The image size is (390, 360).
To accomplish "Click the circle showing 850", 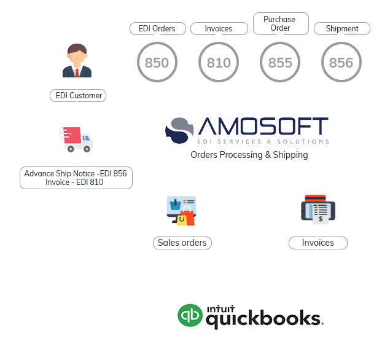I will [x=157, y=63].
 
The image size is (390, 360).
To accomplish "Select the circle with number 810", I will [x=219, y=63].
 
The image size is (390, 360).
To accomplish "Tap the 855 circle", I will [x=280, y=63].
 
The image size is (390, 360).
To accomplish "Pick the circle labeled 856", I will [x=341, y=63].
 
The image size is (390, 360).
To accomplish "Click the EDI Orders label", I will [x=157, y=29].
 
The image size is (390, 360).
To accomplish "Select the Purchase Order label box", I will [x=280, y=23].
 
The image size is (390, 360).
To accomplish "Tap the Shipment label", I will [x=342, y=29].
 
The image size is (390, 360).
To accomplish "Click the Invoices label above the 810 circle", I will [x=219, y=29].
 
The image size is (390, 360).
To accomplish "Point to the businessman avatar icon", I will [x=77, y=61].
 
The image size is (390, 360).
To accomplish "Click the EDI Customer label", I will [x=78, y=96].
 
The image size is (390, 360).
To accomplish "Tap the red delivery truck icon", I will [x=76, y=139].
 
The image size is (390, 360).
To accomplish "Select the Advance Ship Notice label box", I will [x=76, y=178].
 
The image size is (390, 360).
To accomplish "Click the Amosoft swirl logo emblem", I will [x=179, y=130].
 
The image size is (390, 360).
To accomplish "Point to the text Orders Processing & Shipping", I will [x=249, y=155].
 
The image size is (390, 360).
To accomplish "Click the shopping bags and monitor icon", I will [x=181, y=211].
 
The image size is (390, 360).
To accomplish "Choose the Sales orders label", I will [x=182, y=243].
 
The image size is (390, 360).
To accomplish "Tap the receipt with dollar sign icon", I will [x=318, y=209].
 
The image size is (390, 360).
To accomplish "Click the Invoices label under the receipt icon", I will [x=318, y=243].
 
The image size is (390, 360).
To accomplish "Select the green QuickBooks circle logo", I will [x=190, y=316].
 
